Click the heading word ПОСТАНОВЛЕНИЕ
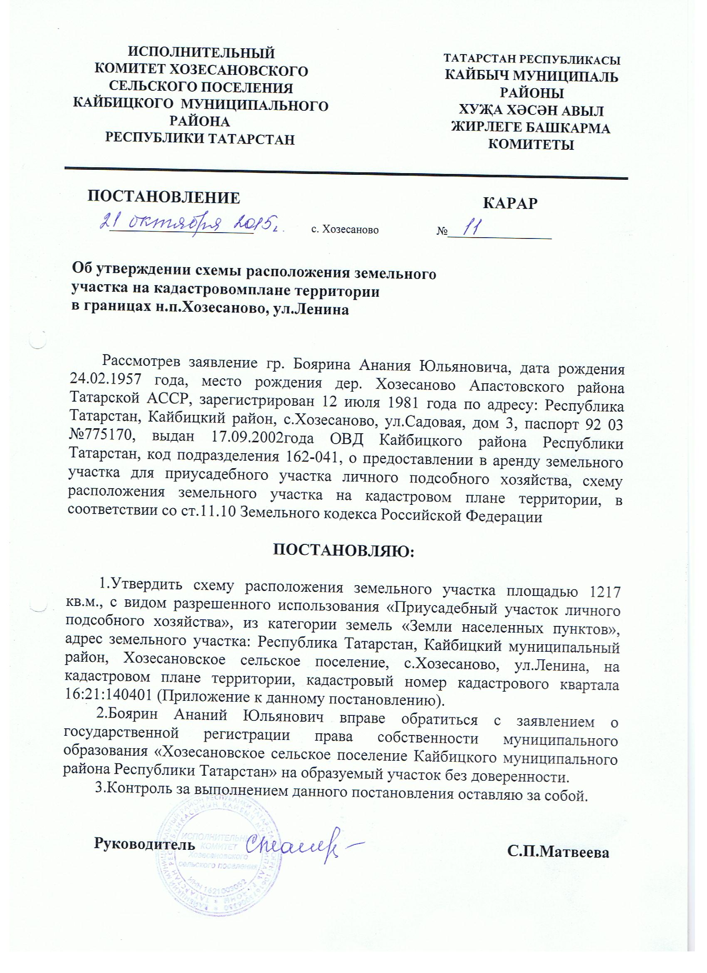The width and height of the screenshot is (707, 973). coord(164,197)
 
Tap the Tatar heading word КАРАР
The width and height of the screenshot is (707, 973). coord(510,203)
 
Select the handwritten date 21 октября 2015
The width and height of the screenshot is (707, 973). coord(192,223)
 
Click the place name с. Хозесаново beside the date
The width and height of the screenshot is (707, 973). coord(345,230)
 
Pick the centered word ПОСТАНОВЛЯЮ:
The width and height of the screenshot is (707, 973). coord(344,551)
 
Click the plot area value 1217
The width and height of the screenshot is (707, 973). coord(605,592)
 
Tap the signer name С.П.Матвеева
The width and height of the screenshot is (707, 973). coord(558,852)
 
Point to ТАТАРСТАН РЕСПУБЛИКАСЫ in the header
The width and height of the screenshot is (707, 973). coord(531,60)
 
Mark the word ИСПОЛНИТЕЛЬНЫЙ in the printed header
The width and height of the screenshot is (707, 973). coord(202,53)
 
